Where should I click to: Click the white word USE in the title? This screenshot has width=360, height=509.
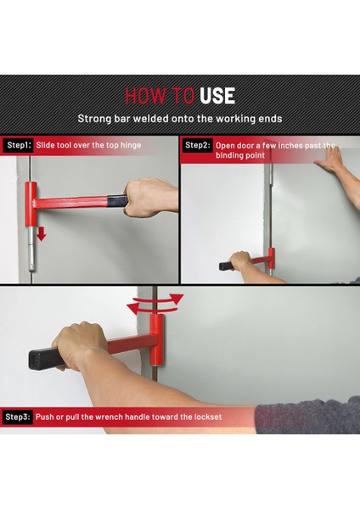pyautogui.click(x=217, y=96)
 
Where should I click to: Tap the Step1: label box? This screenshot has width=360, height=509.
pyautogui.click(x=19, y=145)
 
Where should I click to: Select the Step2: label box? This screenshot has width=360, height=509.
pyautogui.click(x=197, y=145)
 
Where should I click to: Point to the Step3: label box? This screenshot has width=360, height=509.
pyautogui.click(x=17, y=417)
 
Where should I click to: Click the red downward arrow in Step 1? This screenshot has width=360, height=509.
pyautogui.click(x=41, y=234)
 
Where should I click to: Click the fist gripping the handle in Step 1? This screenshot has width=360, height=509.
pyautogui.click(x=150, y=198)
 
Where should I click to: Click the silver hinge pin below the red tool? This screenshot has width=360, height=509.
pyautogui.click(x=31, y=249)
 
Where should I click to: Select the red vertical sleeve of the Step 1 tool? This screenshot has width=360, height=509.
pyautogui.click(x=31, y=204)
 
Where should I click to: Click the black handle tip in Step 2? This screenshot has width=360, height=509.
pyautogui.click(x=226, y=266)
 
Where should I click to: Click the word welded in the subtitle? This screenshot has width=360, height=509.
pyautogui.click(x=151, y=119)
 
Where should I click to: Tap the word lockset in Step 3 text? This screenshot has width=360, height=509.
pyautogui.click(x=208, y=417)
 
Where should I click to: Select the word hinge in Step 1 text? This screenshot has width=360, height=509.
pyautogui.click(x=131, y=145)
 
